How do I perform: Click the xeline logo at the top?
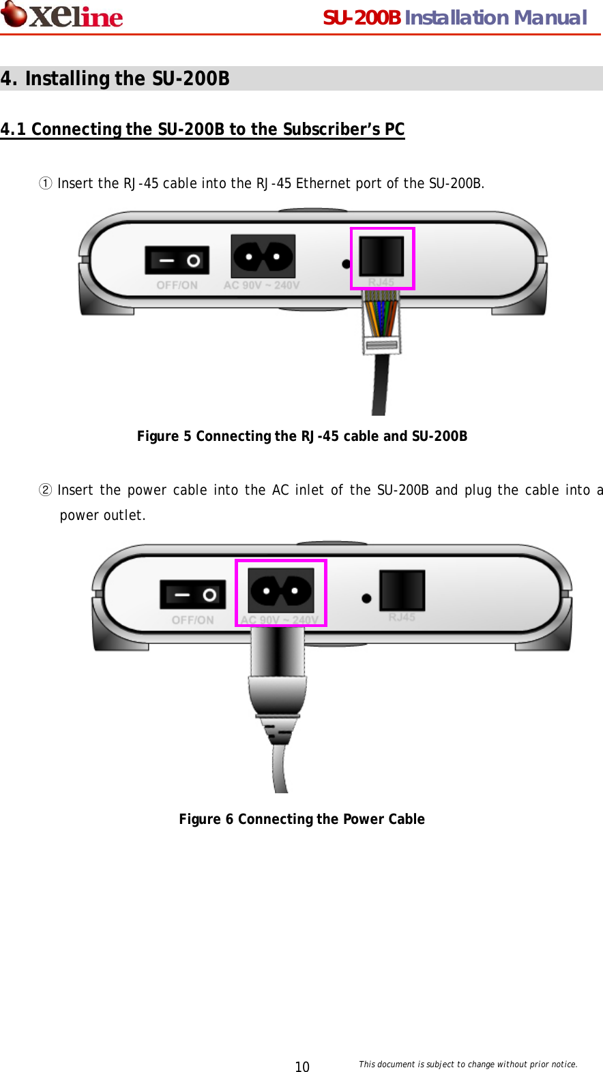click(63, 15)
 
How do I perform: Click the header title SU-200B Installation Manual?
click(454, 18)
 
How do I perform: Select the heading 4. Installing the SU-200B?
click(115, 78)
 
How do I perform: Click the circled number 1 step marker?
click(45, 183)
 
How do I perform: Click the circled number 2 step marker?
click(45, 490)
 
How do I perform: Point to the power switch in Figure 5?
click(177, 260)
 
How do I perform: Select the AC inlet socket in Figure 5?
click(263, 257)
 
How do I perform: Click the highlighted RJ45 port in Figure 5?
click(382, 256)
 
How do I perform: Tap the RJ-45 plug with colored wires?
click(381, 320)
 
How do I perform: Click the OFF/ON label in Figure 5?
click(177, 286)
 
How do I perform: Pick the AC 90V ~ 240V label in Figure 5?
click(261, 286)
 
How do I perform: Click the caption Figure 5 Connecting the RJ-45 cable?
click(301, 436)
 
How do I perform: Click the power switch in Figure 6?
click(192, 595)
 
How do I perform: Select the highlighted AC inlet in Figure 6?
click(280, 591)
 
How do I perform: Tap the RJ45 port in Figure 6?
click(402, 590)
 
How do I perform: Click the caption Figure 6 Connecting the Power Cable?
click(301, 819)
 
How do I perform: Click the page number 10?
click(301, 1067)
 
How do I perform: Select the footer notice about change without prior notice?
click(468, 1064)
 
